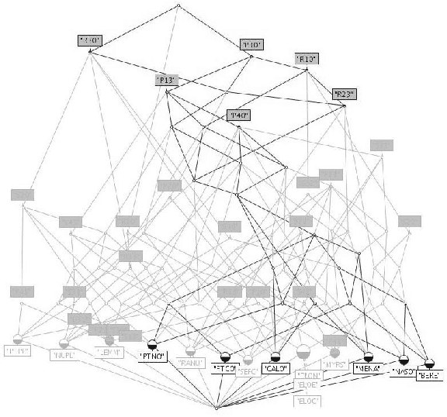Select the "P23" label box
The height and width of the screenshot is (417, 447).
point(344,94)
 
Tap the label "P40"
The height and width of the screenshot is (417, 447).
point(237,115)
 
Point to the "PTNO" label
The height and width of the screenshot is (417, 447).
point(153,356)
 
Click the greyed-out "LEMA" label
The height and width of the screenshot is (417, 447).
point(109,352)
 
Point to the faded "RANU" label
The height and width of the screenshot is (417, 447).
point(191,361)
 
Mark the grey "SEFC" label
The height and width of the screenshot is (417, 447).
point(248,371)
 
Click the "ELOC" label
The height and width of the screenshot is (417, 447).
point(307,401)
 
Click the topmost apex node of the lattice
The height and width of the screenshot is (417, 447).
point(178,6)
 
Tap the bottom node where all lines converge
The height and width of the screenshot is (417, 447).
point(216,407)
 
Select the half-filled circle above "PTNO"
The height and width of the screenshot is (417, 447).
point(153,342)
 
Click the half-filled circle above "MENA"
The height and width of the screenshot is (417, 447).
point(369,358)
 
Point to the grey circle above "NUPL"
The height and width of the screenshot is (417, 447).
point(64,343)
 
